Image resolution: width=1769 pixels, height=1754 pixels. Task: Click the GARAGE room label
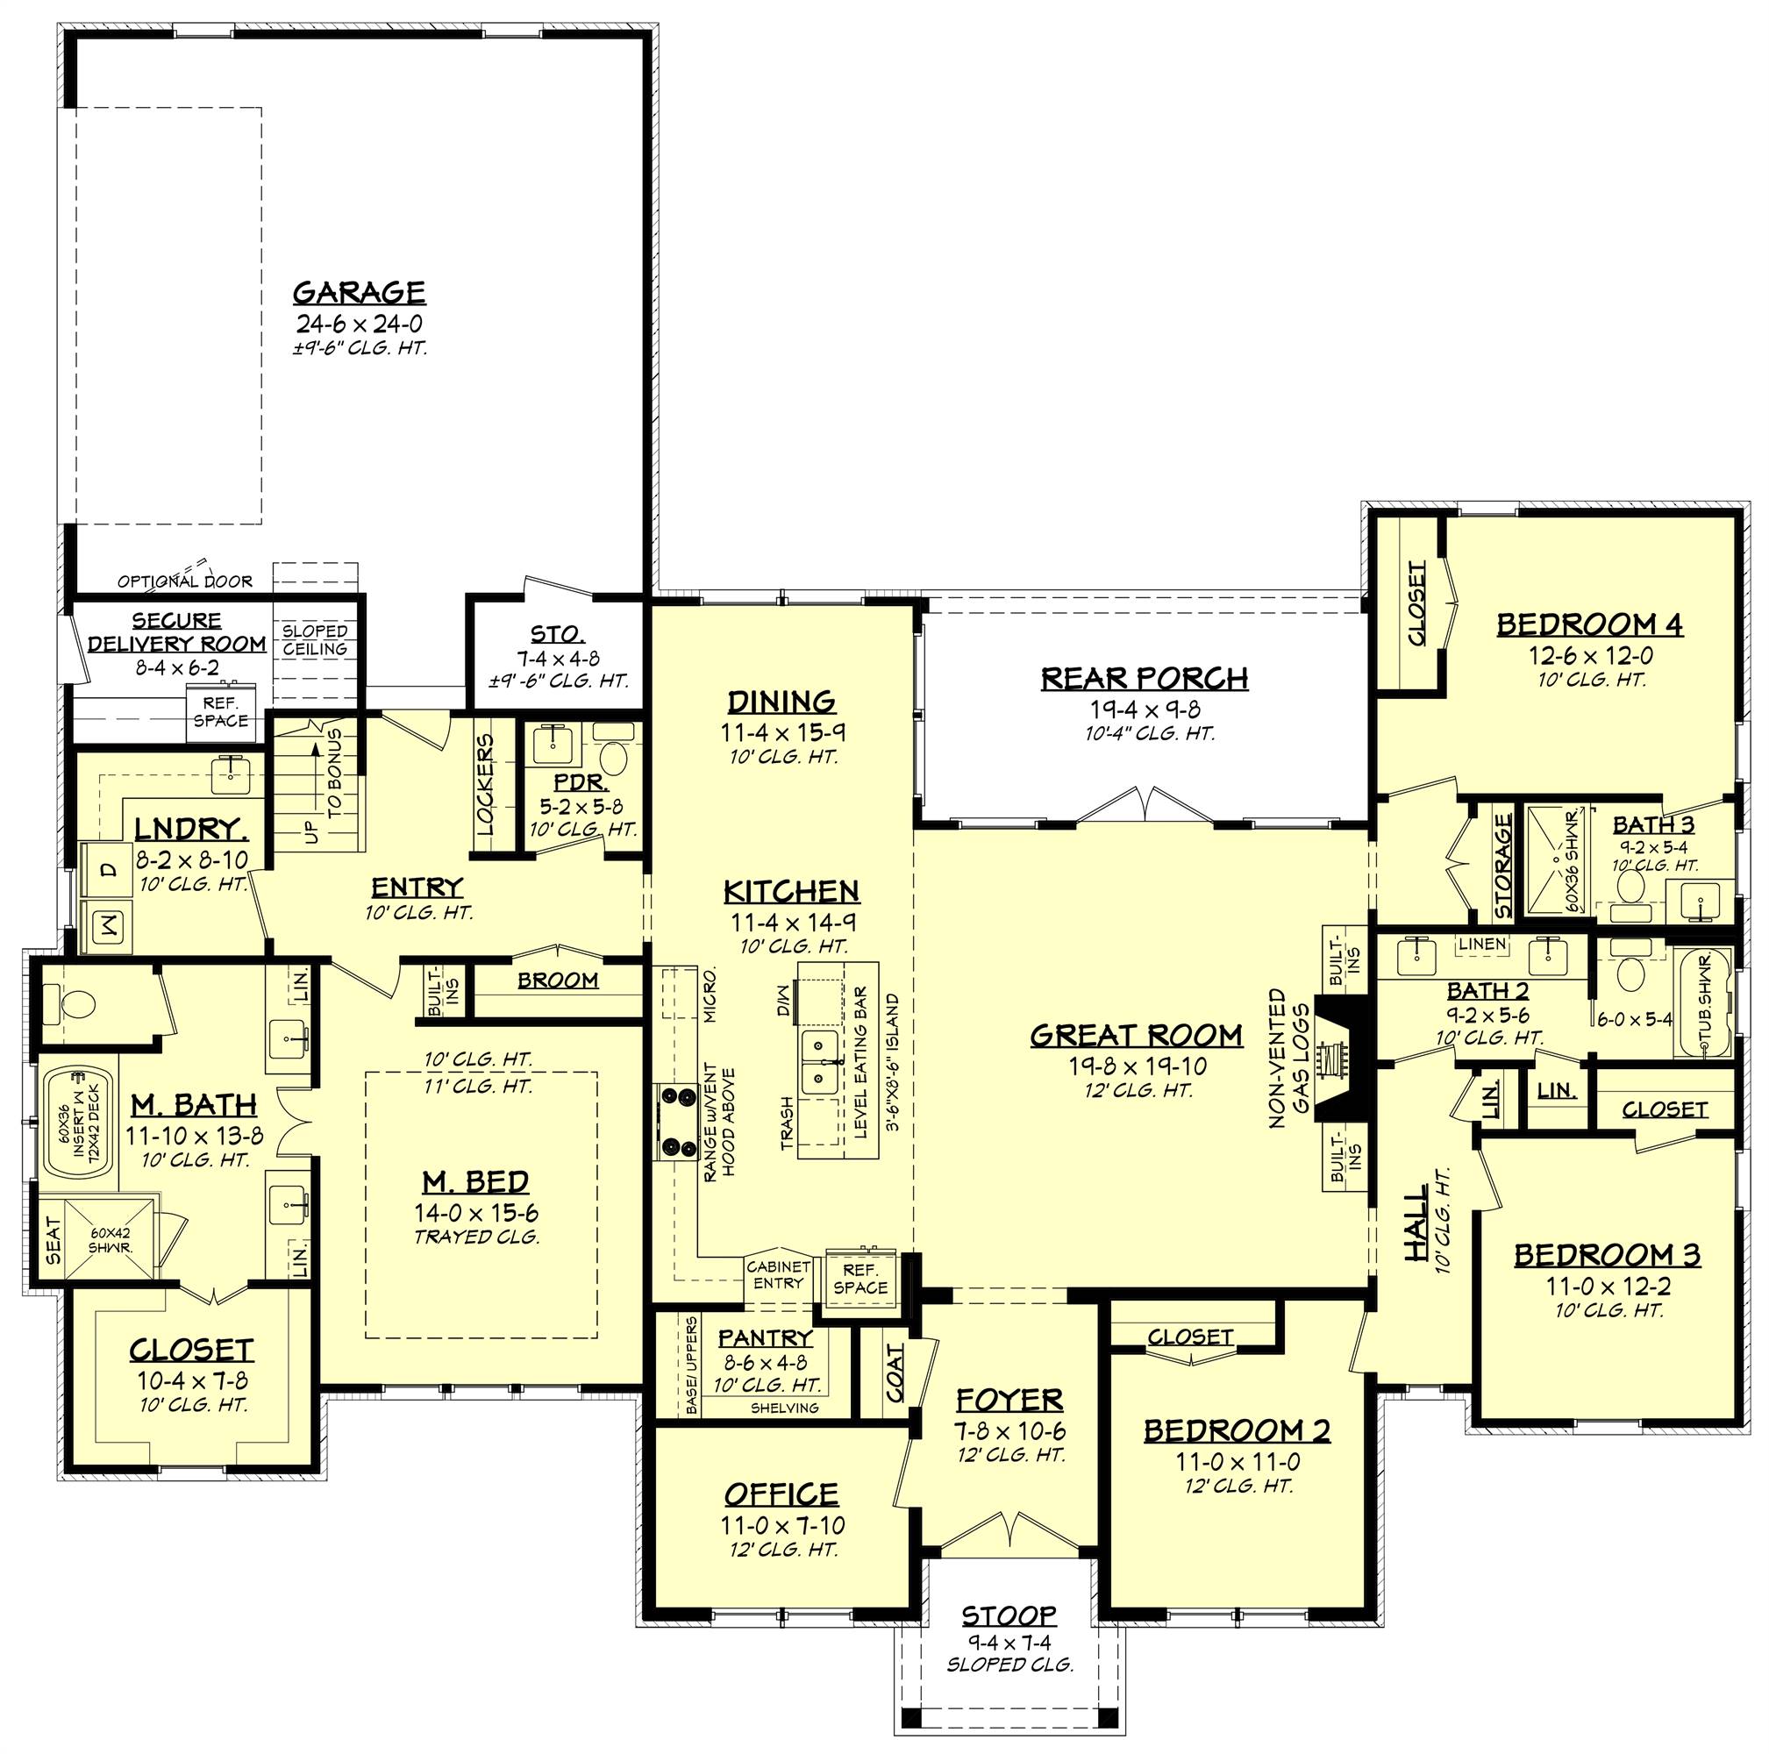click(359, 292)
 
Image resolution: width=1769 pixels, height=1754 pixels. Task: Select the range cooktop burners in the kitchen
click(674, 1121)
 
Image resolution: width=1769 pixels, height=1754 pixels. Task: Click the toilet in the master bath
click(74, 1004)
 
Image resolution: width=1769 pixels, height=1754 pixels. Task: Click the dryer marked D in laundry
click(109, 871)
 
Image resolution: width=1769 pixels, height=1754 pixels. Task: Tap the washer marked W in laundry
click(109, 926)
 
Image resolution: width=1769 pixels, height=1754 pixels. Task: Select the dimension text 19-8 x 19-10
click(1138, 1066)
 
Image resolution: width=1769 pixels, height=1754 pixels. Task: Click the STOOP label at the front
click(1009, 1615)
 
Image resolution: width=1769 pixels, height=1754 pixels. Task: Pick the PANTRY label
click(765, 1338)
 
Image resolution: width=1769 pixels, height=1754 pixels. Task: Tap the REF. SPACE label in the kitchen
click(860, 1279)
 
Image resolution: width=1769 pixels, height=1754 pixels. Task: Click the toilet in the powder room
click(611, 756)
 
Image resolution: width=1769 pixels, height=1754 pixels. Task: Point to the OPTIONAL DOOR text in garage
click(184, 581)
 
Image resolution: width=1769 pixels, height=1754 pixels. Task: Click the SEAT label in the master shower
click(53, 1240)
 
